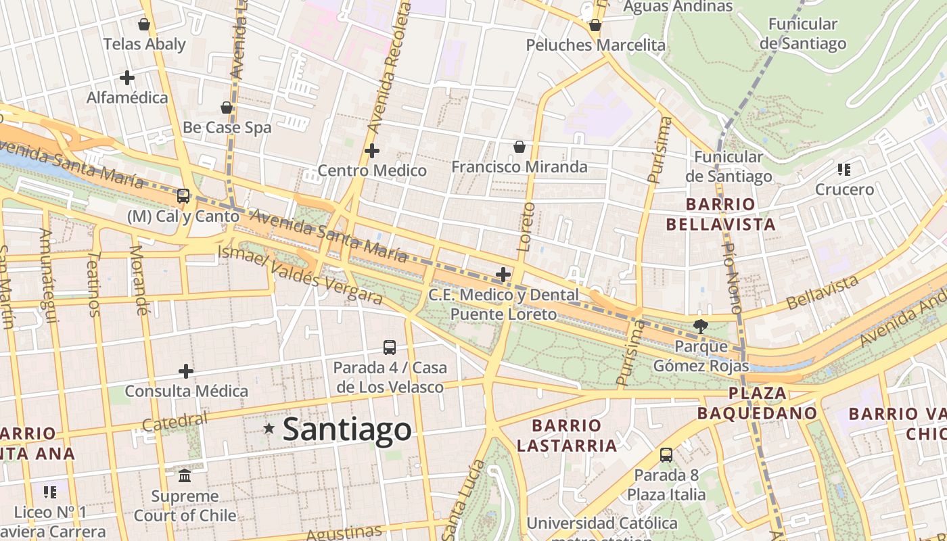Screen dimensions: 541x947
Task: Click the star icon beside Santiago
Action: point(269,428)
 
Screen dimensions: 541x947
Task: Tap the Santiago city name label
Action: point(346,429)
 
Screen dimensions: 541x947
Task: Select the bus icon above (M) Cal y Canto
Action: point(183,196)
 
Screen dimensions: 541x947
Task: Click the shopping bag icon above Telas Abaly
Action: point(143,25)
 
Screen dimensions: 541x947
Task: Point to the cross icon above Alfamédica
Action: point(126,78)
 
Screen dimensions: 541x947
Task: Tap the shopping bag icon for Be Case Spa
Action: point(227,108)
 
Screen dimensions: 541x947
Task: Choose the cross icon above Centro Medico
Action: point(372,151)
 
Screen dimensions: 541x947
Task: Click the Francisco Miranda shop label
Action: point(519,166)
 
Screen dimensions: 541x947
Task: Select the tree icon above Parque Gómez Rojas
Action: point(701,327)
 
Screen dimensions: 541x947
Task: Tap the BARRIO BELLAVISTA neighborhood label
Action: point(720,214)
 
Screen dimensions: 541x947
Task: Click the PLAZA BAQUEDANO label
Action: point(757,403)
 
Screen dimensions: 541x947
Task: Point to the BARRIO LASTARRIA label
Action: point(574,435)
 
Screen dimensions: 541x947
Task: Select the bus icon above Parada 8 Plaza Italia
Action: point(666,454)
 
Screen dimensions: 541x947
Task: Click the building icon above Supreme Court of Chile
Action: point(185,476)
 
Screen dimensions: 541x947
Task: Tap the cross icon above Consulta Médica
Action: point(186,371)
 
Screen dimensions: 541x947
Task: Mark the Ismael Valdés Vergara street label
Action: point(300,274)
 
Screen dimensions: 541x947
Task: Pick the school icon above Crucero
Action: point(844,169)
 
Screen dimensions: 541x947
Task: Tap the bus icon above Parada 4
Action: point(390,348)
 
